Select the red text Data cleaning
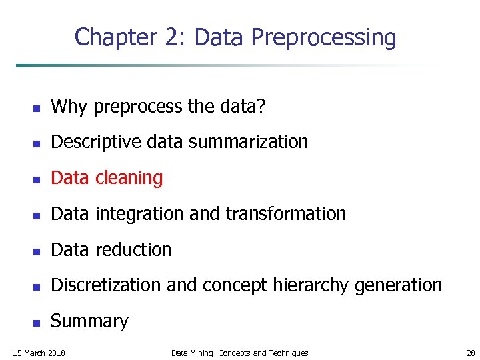107,178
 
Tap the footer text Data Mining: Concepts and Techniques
239,353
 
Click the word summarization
246,142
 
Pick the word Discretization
106,285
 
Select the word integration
140,214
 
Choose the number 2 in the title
173,37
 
